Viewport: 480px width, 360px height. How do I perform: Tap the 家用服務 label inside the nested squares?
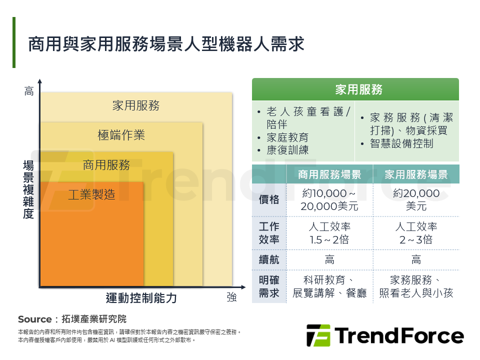point(135,105)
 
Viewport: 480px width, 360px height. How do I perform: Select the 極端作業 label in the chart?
point(121,135)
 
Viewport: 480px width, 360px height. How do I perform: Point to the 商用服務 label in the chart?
point(106,165)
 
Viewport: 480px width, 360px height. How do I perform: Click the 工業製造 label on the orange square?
point(91,194)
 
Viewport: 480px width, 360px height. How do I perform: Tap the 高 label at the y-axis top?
point(29,91)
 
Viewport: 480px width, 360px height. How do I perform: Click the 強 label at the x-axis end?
point(231,297)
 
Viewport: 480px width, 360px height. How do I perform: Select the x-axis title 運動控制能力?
point(141,298)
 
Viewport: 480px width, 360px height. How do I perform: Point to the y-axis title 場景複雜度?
point(28,189)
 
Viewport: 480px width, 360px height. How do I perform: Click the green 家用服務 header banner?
point(355,89)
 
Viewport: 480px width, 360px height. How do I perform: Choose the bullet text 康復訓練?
point(288,150)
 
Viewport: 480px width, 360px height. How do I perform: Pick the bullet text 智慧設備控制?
point(401,143)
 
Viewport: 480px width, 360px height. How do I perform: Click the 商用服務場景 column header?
point(329,174)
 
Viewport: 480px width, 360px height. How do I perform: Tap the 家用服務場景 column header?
point(416,174)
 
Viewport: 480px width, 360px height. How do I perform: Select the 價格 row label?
point(269,199)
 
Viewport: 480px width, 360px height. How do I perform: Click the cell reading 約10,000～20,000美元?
point(329,199)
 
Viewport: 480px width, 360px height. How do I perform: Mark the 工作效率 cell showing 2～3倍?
point(416,233)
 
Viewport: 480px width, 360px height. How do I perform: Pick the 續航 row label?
point(269,260)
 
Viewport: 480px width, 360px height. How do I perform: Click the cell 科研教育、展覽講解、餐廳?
point(329,286)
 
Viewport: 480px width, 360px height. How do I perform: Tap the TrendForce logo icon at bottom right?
point(318,335)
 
